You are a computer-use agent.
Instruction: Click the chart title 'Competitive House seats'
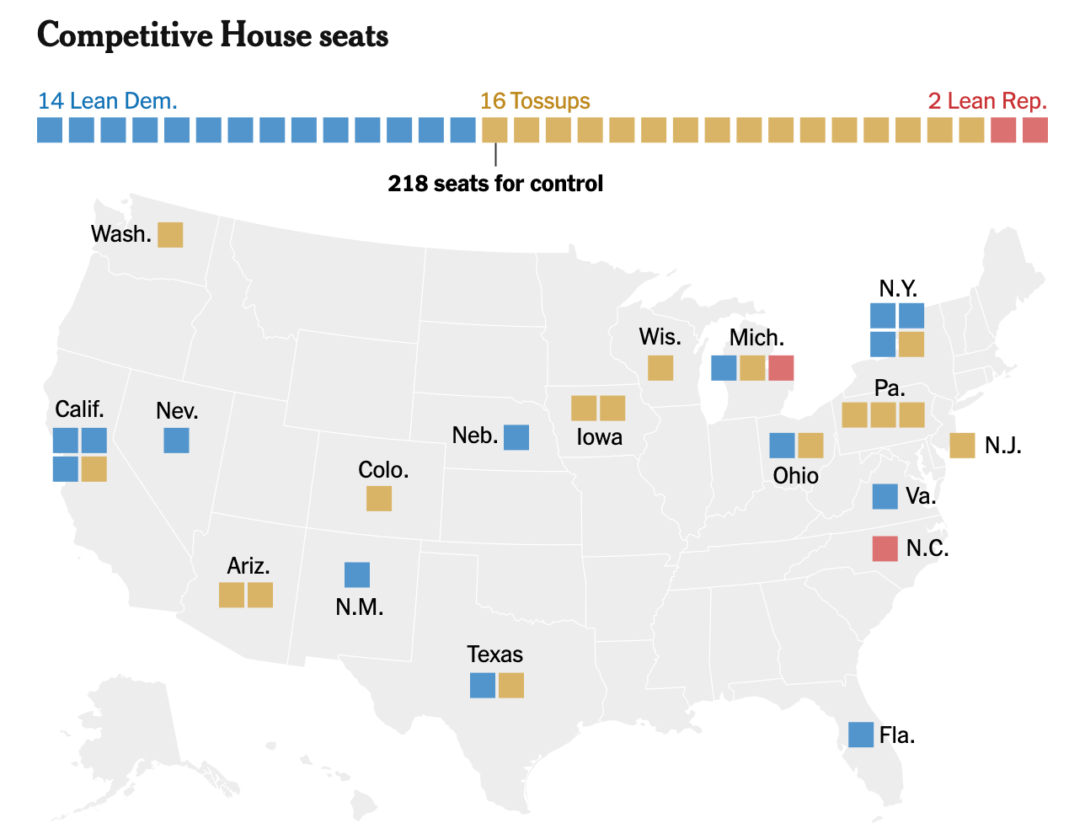tap(212, 35)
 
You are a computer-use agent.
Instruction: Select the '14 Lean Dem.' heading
tap(107, 101)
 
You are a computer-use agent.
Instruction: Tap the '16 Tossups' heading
tap(535, 101)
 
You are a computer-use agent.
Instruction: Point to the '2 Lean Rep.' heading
tap(987, 101)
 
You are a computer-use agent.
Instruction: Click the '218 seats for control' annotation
tap(495, 183)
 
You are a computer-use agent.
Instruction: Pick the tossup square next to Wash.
tap(170, 234)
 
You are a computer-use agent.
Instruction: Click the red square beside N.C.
tap(885, 548)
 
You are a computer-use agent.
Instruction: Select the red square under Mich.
tap(781, 368)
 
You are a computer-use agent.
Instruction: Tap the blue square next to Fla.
tap(861, 735)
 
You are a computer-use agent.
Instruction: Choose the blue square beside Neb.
tap(516, 437)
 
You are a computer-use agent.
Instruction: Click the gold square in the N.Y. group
tap(911, 345)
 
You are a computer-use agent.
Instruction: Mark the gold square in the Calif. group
tap(94, 469)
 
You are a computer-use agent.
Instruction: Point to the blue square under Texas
tap(483, 686)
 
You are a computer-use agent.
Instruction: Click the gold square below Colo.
tap(379, 499)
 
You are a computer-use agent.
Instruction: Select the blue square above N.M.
tap(357, 575)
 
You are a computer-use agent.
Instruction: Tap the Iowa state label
tap(599, 437)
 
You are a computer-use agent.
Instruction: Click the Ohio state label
tap(795, 476)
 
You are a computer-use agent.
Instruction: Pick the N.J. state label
tap(1002, 446)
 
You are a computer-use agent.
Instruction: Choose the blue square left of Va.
tap(885, 497)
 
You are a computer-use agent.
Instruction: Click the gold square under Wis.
tap(660, 368)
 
